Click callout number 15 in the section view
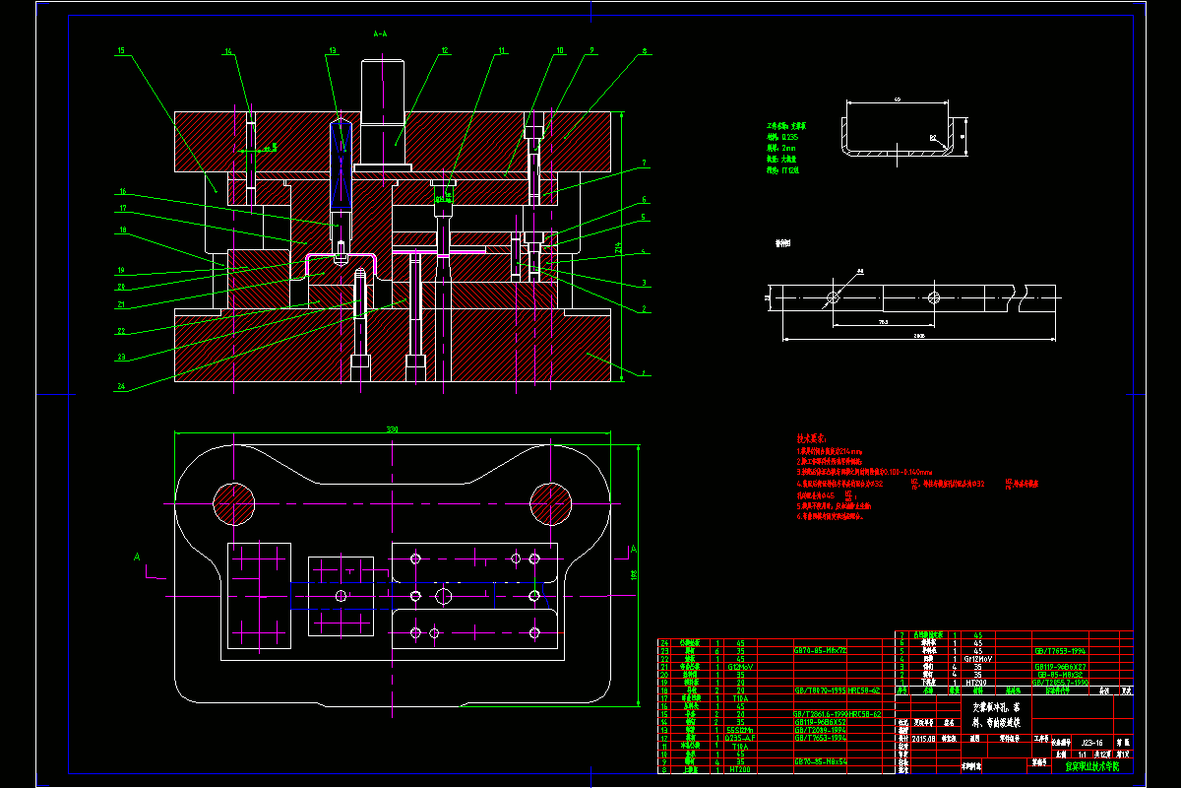120,49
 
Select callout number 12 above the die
445,49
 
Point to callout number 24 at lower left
121,387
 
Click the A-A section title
380,33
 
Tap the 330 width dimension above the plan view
392,429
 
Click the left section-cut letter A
138,558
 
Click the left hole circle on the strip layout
833,295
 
